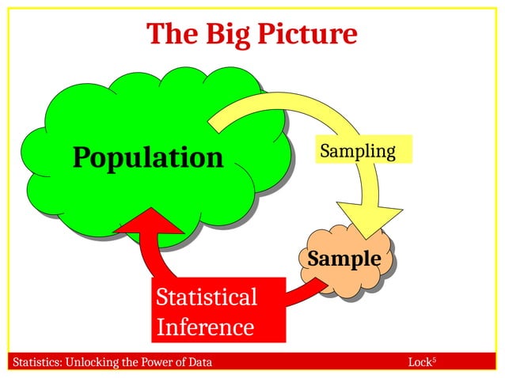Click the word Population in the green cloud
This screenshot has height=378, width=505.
(148, 157)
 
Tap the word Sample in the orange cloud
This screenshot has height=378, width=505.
(344, 259)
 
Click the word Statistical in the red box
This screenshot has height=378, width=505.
(207, 297)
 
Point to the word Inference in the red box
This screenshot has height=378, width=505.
(205, 327)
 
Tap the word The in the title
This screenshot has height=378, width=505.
(170, 34)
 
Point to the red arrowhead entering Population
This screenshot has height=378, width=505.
(150, 225)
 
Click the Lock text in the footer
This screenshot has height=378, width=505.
(420, 363)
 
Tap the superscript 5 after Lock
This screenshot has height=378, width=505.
(435, 360)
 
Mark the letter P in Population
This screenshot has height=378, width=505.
(82, 157)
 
